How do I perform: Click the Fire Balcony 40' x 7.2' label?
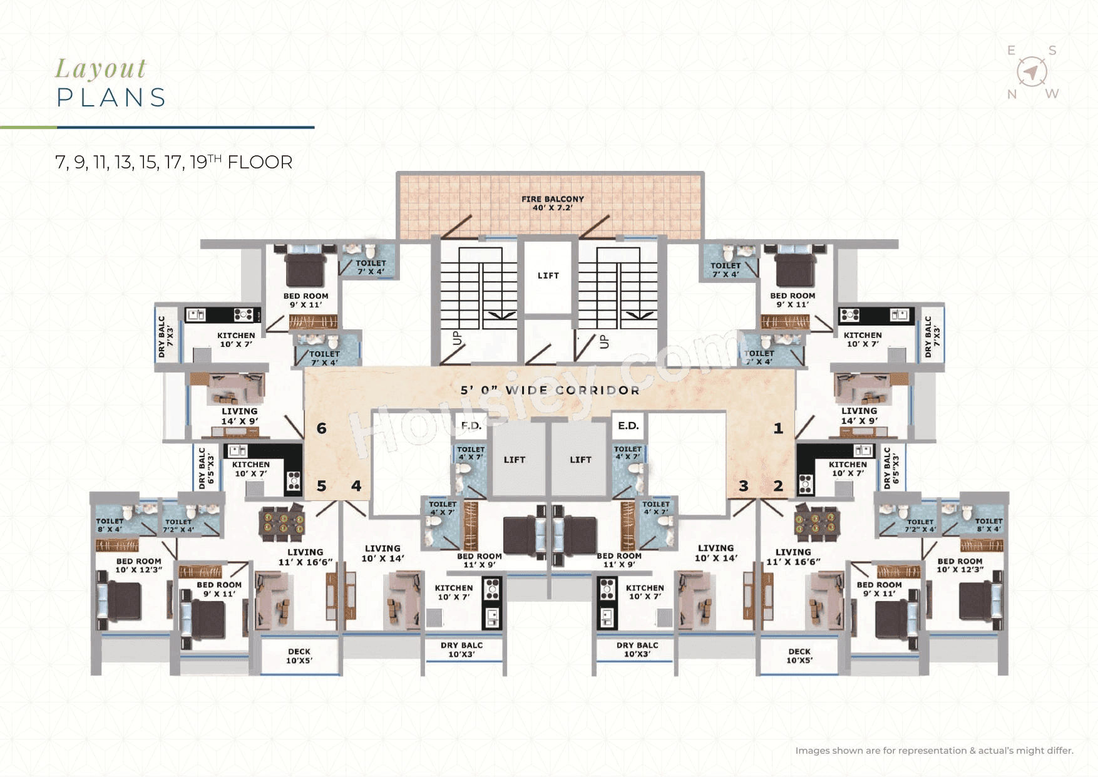click(552, 203)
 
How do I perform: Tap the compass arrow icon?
click(1032, 72)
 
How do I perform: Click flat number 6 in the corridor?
click(321, 428)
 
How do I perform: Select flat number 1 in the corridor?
click(778, 428)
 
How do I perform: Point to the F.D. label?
click(471, 426)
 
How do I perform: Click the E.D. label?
click(628, 426)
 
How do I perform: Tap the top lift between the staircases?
click(548, 275)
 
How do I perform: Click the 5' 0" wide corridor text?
click(550, 390)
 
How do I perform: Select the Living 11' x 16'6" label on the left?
click(305, 557)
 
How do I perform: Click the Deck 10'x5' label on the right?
click(799, 656)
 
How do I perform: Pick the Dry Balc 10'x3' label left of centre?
click(461, 649)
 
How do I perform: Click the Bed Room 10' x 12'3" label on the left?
click(138, 565)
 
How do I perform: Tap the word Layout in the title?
click(101, 68)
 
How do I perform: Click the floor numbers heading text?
click(173, 162)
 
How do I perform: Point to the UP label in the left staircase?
click(457, 338)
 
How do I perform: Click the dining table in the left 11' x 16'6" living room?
click(282, 523)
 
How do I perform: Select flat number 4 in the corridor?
click(356, 486)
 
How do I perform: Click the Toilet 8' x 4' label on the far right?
click(988, 525)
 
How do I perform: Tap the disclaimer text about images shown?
click(933, 750)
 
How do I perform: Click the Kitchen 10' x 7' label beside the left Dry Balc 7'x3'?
click(236, 339)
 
